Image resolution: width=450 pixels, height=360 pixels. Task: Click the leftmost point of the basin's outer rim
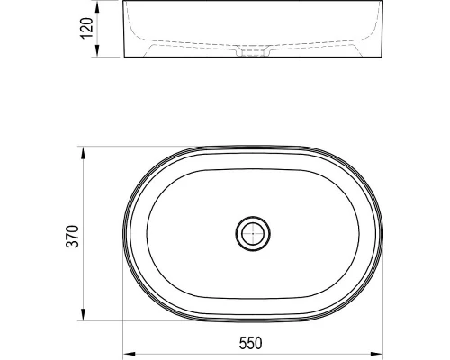pos(124,233)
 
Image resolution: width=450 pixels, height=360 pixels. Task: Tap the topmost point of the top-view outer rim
pos(253,146)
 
